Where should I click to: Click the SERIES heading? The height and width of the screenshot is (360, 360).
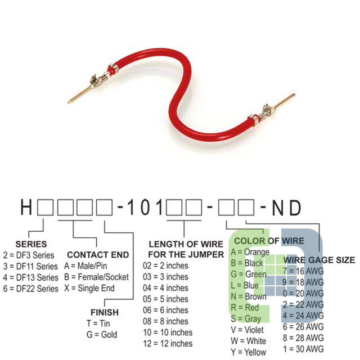[31, 244]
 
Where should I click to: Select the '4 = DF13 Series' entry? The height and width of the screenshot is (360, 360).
[30, 277]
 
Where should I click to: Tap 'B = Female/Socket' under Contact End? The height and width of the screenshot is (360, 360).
[96, 277]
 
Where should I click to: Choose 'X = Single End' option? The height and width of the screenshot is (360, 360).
[89, 288]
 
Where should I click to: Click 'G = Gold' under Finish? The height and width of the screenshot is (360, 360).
[102, 335]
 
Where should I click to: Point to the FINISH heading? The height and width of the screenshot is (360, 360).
[105, 313]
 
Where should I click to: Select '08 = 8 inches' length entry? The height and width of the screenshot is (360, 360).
[165, 321]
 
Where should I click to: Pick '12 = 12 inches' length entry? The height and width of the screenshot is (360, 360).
[168, 344]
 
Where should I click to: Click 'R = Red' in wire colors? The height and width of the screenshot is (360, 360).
[245, 308]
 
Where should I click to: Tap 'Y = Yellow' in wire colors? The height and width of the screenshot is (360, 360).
[249, 352]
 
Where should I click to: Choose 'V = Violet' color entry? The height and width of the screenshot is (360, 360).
[247, 330]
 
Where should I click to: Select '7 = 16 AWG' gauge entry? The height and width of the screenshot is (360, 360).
[303, 271]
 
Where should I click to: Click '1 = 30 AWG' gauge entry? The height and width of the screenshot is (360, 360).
[303, 349]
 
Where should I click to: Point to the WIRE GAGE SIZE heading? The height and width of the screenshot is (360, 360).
[319, 260]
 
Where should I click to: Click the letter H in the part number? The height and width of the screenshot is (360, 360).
[26, 208]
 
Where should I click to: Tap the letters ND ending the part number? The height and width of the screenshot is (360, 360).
[286, 208]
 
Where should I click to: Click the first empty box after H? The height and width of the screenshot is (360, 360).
[46, 208]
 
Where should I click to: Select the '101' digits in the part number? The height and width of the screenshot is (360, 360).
[145, 208]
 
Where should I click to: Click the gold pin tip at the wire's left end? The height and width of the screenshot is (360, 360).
[69, 102]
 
